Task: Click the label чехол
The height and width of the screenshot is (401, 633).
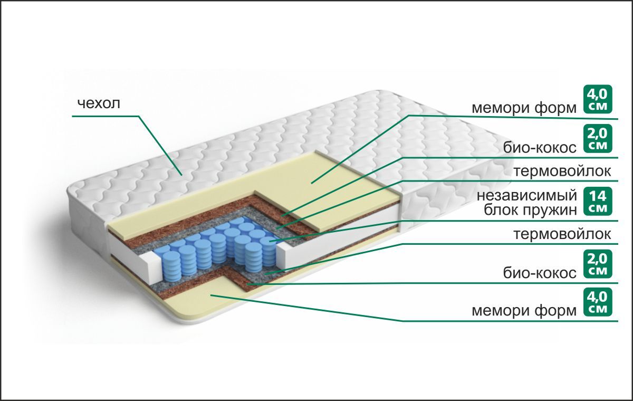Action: pyautogui.click(x=99, y=103)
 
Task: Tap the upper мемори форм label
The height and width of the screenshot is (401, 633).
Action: pyautogui.click(x=524, y=109)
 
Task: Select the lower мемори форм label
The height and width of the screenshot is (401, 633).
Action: pyautogui.click(x=524, y=311)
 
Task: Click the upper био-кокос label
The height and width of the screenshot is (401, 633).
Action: pyautogui.click(x=540, y=148)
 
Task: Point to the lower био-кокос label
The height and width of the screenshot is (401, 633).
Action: pyautogui.click(x=540, y=273)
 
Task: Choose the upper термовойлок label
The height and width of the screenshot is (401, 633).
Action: pyautogui.click(x=562, y=171)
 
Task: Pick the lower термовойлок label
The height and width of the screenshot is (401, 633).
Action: pyautogui.click(x=562, y=234)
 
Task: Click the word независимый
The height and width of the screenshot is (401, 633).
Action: pyautogui.click(x=527, y=196)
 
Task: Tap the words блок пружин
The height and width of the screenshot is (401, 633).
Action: pyautogui.click(x=531, y=211)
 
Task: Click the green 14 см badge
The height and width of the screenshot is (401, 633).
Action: pyautogui.click(x=598, y=202)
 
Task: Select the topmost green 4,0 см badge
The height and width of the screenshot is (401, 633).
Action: pyautogui.click(x=598, y=100)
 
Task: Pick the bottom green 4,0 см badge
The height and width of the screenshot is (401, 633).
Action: pyautogui.click(x=598, y=302)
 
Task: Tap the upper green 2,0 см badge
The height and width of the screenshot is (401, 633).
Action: pyautogui.click(x=598, y=138)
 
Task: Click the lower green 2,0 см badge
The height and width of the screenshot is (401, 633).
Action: pyautogui.click(x=598, y=264)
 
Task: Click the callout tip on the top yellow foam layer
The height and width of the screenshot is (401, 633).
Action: pyautogui.click(x=311, y=184)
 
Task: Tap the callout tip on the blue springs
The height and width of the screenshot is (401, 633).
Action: pyautogui.click(x=270, y=241)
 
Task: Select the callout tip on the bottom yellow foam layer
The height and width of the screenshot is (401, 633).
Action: pyautogui.click(x=210, y=295)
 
